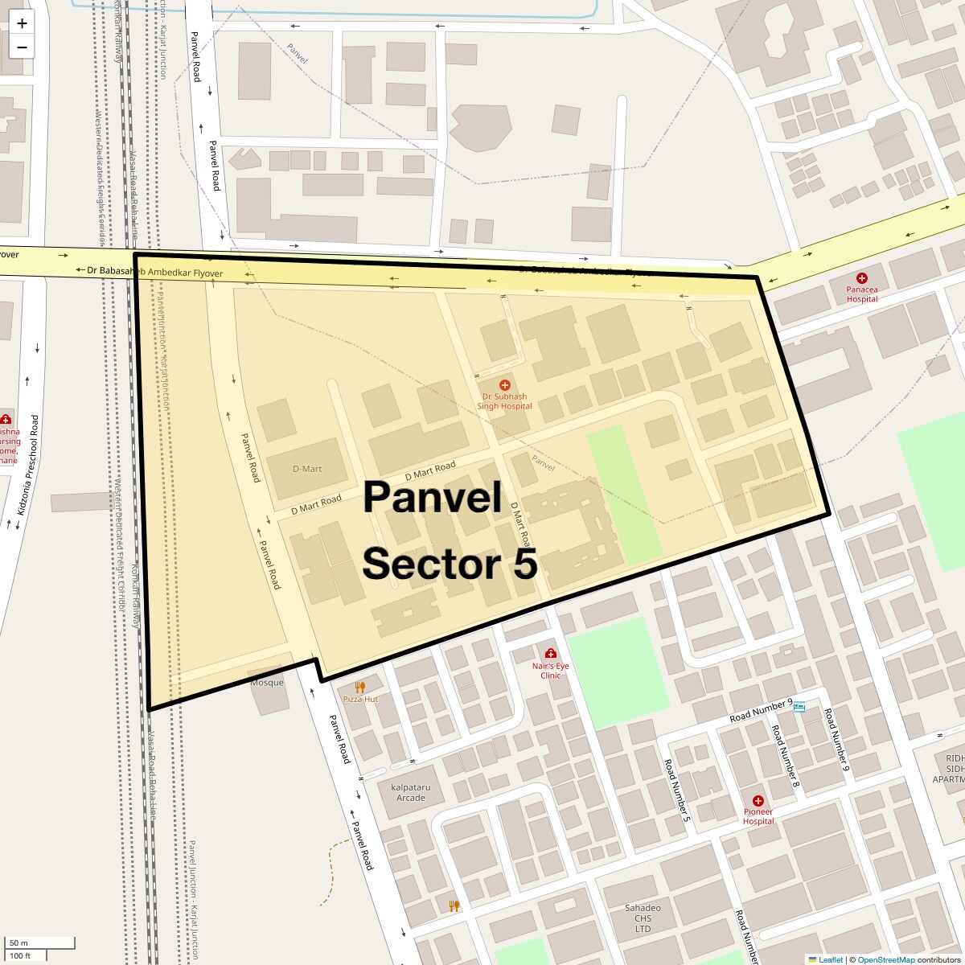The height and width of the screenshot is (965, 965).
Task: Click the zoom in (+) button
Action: [22, 23]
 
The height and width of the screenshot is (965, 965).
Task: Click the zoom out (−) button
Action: [22, 47]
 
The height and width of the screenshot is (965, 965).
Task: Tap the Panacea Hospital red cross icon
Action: [862, 278]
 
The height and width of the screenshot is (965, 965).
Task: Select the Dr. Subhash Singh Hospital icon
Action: [505, 386]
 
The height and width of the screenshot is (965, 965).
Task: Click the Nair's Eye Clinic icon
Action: [551, 654]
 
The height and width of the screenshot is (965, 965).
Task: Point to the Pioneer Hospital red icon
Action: [758, 801]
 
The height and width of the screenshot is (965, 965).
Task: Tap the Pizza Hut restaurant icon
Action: [360, 688]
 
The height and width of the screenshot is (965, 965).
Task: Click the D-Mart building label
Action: [307, 469]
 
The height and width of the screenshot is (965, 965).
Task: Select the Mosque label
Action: [267, 683]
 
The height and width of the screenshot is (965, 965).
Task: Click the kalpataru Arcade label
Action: [411, 792]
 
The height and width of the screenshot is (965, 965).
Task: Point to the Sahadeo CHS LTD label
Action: [643, 918]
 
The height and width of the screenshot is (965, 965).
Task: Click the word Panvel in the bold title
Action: [433, 497]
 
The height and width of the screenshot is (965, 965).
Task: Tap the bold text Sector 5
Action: [450, 564]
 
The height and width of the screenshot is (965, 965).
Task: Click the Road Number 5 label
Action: [677, 791]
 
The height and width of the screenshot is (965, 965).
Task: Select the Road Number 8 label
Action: [784, 755]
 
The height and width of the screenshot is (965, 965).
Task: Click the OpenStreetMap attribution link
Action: [885, 959]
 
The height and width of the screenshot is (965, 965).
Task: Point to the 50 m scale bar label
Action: [18, 942]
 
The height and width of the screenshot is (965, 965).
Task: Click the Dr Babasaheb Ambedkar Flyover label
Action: [155, 273]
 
